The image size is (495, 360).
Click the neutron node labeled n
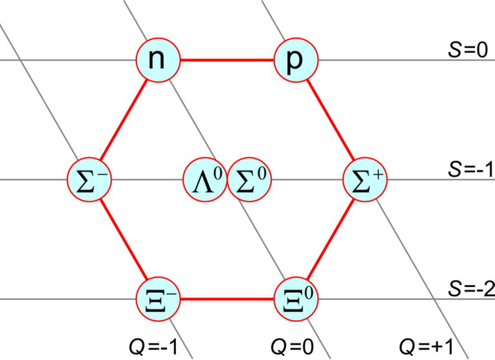point(158,60)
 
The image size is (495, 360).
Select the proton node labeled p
point(296,60)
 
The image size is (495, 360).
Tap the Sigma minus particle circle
point(90,179)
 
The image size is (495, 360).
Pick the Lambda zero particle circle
point(205,179)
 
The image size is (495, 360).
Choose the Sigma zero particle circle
point(249,179)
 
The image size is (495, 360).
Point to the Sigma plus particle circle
point(365,179)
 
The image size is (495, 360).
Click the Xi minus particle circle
point(158,299)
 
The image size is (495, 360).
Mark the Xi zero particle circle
point(296,299)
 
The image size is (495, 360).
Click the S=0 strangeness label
point(468,50)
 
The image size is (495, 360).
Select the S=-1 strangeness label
point(471,170)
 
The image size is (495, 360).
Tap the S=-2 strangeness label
point(471,288)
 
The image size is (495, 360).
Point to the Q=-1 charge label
point(154,346)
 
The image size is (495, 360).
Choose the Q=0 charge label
point(293,346)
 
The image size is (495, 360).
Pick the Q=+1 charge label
point(426,346)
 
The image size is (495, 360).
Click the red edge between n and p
point(228,60)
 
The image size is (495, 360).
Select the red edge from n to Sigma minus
point(124,120)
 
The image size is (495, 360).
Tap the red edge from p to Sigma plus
point(331,120)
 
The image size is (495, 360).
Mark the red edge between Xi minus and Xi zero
point(228,299)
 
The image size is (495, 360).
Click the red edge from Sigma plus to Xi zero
point(331,239)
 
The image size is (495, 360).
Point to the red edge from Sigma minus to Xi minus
point(124,239)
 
